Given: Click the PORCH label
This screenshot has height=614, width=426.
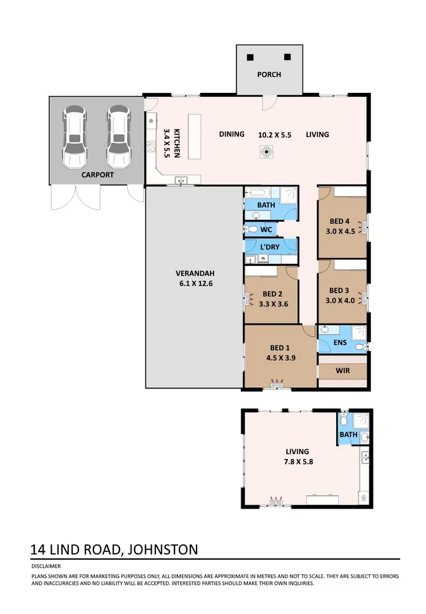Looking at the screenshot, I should coord(269,75).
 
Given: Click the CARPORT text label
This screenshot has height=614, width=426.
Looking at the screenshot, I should coord(97,174).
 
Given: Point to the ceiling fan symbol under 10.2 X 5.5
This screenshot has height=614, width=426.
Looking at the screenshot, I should coord(267,152).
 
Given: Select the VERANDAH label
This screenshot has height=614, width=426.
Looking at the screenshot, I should coord(195,274).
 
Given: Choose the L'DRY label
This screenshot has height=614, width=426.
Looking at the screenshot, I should coord(271,246).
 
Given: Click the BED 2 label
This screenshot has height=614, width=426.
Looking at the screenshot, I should coord(273,294).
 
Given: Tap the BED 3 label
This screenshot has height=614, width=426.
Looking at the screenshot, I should coord(339,291).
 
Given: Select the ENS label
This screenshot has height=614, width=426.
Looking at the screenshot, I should coord(341,342).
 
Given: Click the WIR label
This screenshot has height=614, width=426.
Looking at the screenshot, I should coord(342,370).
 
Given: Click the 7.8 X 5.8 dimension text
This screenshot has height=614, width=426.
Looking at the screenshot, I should coord(297,462).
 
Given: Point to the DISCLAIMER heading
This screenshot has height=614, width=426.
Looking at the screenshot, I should coord(46,567).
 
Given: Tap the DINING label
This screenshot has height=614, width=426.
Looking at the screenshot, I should coord(231,135).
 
